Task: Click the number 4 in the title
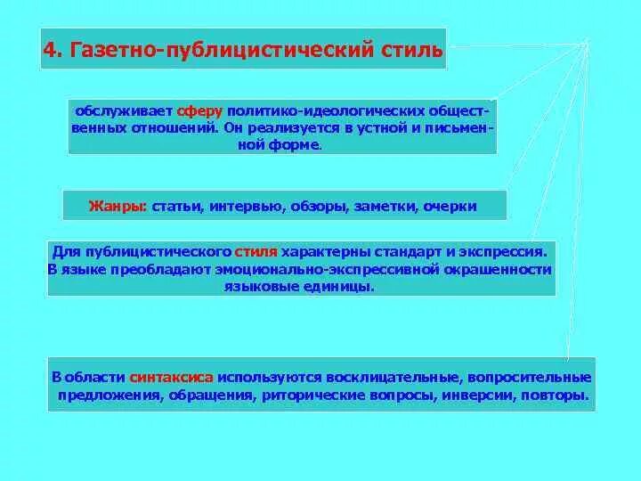[x=50, y=49]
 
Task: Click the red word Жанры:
[x=118, y=206]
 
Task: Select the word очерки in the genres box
[x=449, y=206]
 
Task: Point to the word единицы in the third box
[x=339, y=287]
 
